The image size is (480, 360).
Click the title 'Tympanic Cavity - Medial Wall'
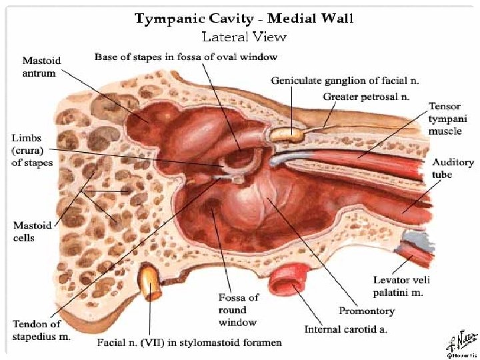pyautogui.click(x=244, y=18)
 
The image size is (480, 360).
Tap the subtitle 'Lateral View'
pyautogui.click(x=244, y=37)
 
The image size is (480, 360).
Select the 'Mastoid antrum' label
pyautogui.click(x=41, y=66)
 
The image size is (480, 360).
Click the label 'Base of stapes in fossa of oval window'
pyautogui.click(x=186, y=57)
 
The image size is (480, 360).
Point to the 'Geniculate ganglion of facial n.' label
pyautogui.click(x=345, y=81)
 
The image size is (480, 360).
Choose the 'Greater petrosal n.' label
pyautogui.click(x=366, y=97)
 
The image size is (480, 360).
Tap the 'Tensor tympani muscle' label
pyautogui.click(x=445, y=119)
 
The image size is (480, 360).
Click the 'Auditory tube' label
pyautogui.click(x=453, y=168)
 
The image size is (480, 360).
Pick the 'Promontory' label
pyautogui.click(x=367, y=311)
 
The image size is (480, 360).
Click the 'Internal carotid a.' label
pyautogui.click(x=346, y=329)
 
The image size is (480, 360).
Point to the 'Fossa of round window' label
pyautogui.click(x=237, y=310)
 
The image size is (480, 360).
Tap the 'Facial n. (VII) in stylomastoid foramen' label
pyautogui.click(x=189, y=343)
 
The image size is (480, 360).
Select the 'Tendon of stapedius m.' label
pyautogui.click(x=41, y=330)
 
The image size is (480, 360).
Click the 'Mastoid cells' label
pyautogui.click(x=33, y=231)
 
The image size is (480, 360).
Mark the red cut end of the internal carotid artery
pyautogui.click(x=287, y=278)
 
